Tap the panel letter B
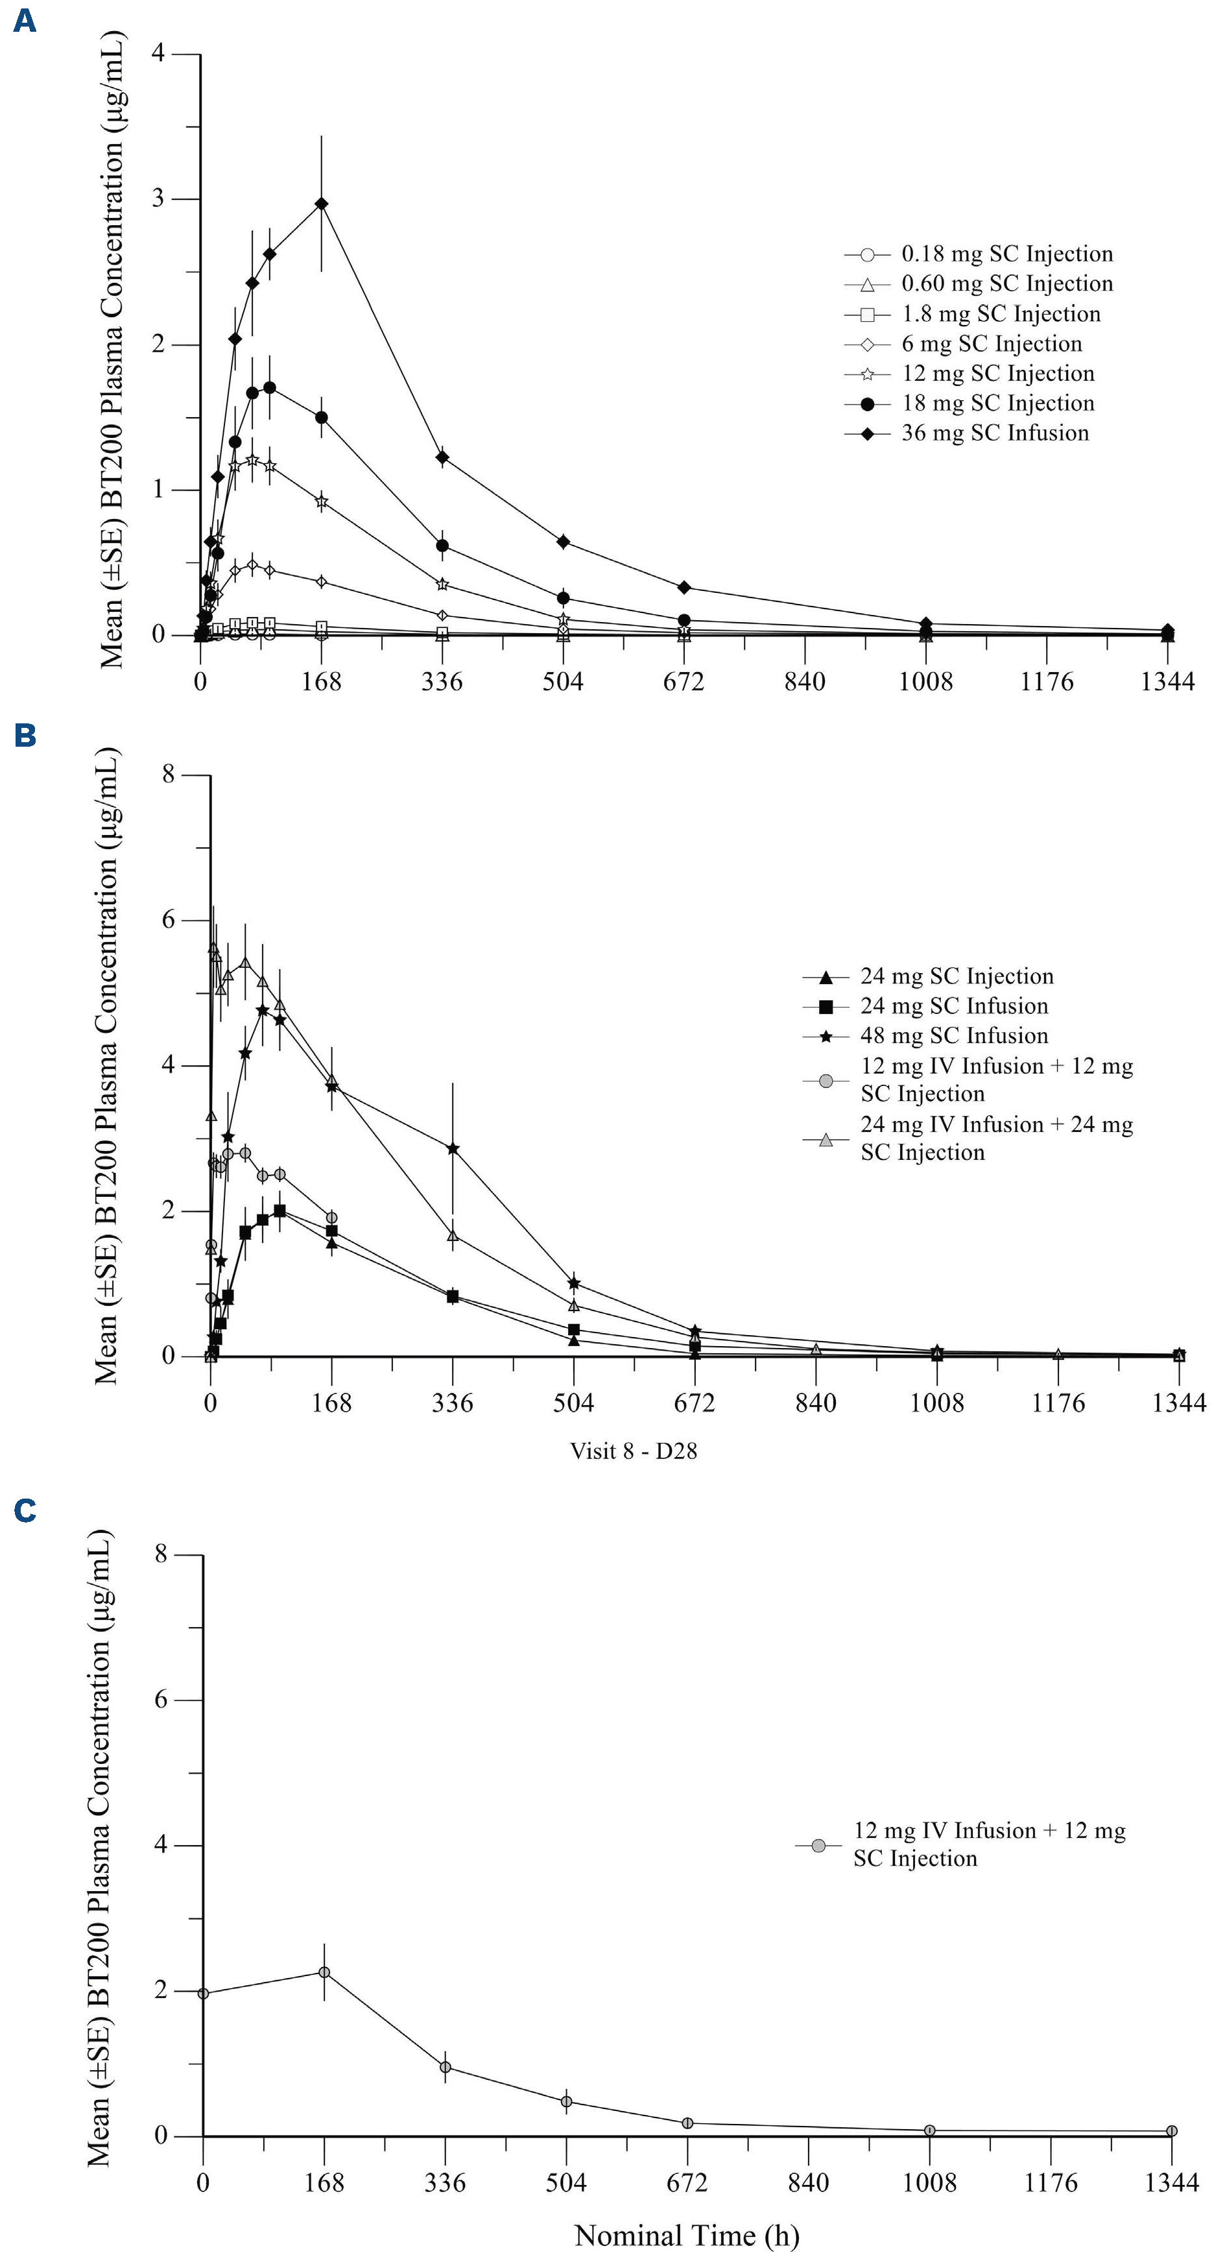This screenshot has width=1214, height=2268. pyautogui.click(x=25, y=735)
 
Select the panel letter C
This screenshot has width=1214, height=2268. pyautogui.click(x=25, y=1511)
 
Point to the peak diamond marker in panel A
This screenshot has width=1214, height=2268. pyautogui.click(x=321, y=204)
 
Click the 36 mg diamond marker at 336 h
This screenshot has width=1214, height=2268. pyautogui.click(x=442, y=457)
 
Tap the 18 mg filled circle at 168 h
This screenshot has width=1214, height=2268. pyautogui.click(x=321, y=417)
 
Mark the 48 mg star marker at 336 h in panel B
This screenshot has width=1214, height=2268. pyautogui.click(x=453, y=1148)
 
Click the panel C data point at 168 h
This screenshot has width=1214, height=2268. pyautogui.click(x=324, y=1972)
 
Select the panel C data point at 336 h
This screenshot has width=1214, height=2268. pyautogui.click(x=446, y=2066)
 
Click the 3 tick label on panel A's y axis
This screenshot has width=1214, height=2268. pyautogui.click(x=158, y=199)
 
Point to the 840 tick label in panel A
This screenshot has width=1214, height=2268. pyautogui.click(x=805, y=681)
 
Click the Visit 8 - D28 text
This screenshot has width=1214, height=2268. pyautogui.click(x=633, y=1451)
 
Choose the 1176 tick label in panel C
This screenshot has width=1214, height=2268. pyautogui.click(x=1051, y=2182)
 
